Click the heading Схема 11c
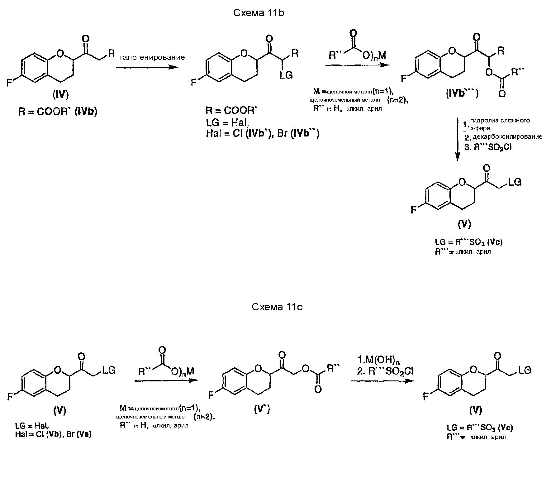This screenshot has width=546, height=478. click(277, 307)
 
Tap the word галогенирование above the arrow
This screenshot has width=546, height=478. click(152, 57)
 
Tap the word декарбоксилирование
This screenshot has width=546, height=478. click(507, 137)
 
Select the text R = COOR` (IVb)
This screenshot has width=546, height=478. click(58, 112)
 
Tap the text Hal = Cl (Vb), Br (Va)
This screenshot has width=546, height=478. click(53, 434)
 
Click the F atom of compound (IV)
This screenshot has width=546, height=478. click(10, 83)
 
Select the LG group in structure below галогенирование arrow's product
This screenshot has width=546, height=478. click(286, 75)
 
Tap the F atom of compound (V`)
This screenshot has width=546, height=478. click(211, 395)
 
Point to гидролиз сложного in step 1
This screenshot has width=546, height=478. click(500, 121)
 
